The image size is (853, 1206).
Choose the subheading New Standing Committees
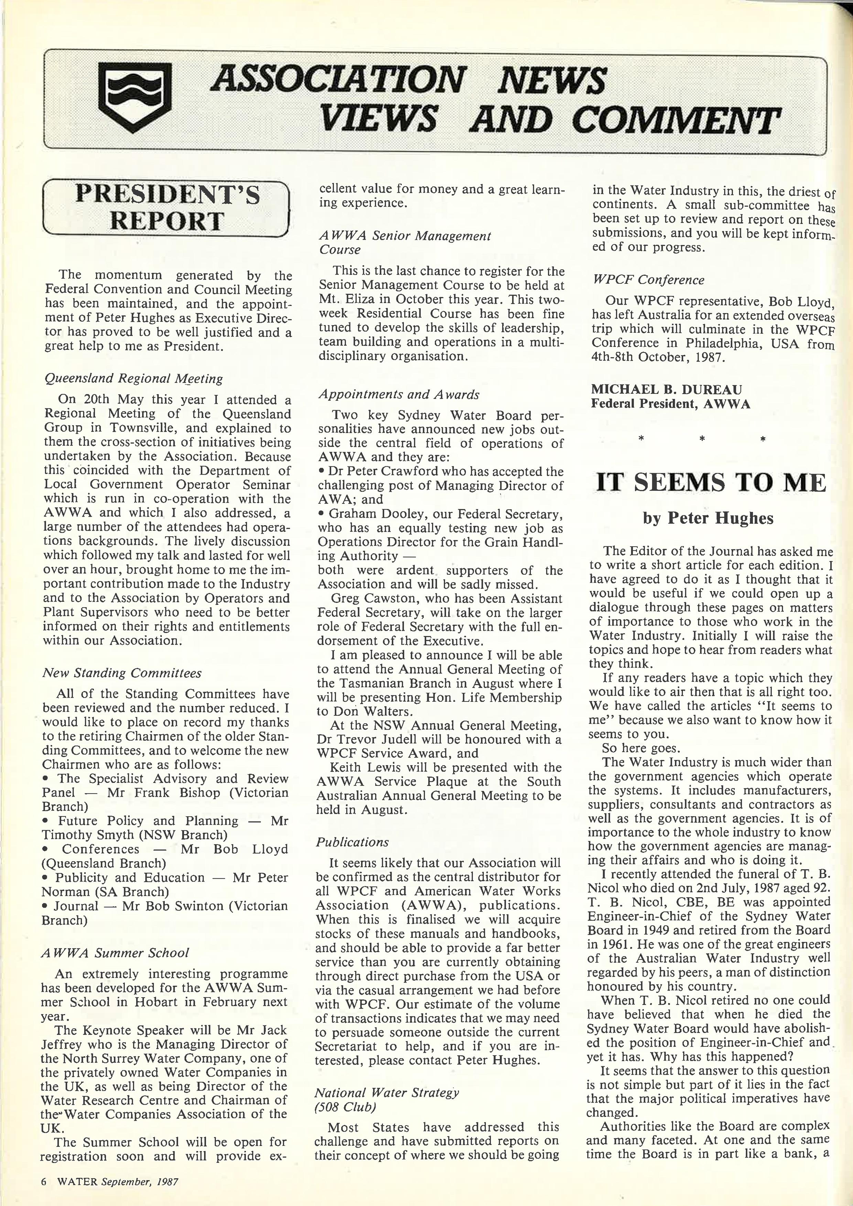tap(122, 673)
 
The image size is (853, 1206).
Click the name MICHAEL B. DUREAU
tap(666, 389)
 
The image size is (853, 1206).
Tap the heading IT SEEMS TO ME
tap(711, 483)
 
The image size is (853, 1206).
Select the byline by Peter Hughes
tap(708, 518)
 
